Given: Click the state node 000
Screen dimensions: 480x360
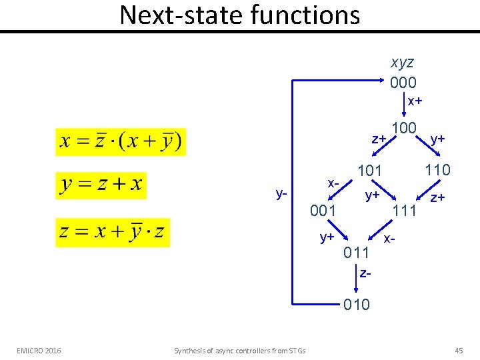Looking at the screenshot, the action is pos(403,82).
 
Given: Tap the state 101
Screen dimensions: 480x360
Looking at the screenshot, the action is pos(370,171).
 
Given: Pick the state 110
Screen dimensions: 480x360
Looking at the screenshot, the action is pos(437,170).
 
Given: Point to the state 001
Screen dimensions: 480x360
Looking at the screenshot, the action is pos(324,211).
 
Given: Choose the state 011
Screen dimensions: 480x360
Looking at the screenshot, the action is pos(357,253).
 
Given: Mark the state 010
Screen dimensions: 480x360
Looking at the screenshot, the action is pos(357,305).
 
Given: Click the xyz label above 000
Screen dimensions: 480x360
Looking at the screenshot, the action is pos(403,63).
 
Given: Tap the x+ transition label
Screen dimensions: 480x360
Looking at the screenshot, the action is pos(415,101).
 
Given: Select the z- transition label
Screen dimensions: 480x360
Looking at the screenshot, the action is pos(364,273).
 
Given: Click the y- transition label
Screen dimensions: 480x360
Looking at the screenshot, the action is pos(281,194).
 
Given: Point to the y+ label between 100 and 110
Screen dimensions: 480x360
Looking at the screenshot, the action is pos(438,139).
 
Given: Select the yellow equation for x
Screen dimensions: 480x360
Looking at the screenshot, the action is pos(121,141).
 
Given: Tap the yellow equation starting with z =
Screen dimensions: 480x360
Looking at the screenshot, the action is pos(113,232).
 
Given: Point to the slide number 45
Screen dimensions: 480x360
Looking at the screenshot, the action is pos(458,350).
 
